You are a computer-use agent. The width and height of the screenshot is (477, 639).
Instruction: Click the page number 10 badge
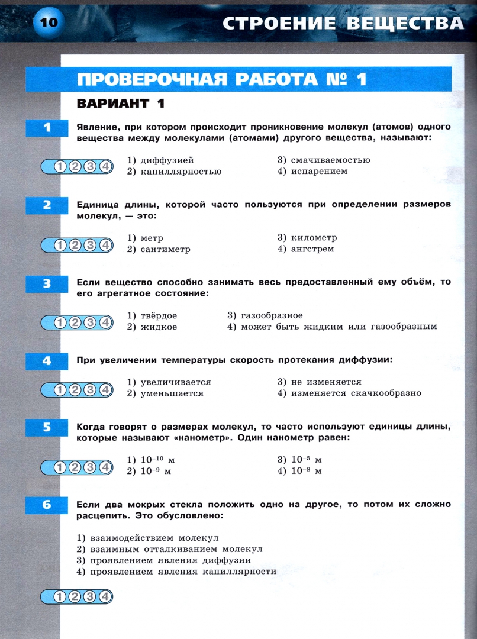coord(48,22)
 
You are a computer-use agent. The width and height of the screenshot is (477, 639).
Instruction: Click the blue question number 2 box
coord(47,205)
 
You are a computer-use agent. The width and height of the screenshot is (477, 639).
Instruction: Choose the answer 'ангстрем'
coord(312,249)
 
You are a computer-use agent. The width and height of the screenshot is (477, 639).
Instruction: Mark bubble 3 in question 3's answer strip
coord(90,322)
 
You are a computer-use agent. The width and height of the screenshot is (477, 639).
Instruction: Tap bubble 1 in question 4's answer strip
coord(60,389)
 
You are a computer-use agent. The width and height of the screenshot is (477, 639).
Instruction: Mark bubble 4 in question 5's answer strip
coord(105,467)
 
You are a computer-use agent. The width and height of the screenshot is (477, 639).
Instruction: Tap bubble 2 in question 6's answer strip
coord(75,596)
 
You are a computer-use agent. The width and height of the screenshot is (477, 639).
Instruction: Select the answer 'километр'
coord(313,238)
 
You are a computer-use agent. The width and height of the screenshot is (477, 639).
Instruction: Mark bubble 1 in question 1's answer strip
coord(60,167)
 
